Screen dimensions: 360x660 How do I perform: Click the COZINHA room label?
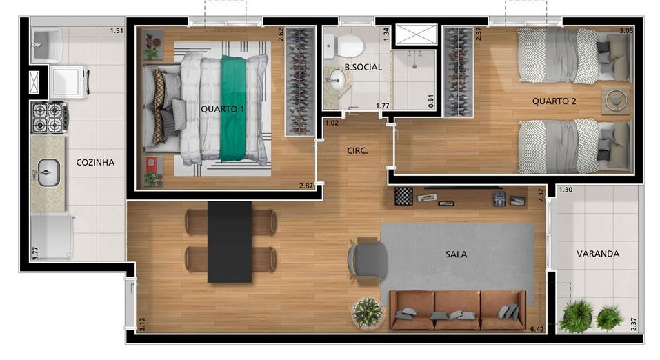(x=94, y=163)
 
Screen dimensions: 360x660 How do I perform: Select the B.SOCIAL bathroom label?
(x=363, y=67)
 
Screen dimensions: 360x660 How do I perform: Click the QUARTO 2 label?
(x=554, y=101)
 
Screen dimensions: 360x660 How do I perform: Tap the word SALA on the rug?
(x=456, y=254)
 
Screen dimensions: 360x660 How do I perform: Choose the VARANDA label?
(x=597, y=253)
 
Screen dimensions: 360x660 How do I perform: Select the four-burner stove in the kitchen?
(x=48, y=117)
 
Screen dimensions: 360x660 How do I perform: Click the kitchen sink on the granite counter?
(x=47, y=170)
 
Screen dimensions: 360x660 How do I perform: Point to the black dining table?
(x=229, y=241)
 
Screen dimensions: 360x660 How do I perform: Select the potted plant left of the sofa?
(x=368, y=312)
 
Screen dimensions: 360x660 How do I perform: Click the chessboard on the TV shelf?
(x=403, y=196)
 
